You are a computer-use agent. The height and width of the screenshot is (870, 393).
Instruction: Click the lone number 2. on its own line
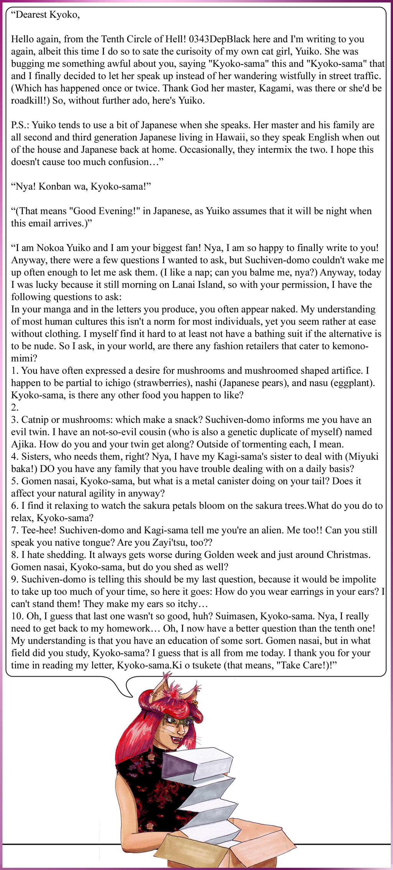[x=15, y=407]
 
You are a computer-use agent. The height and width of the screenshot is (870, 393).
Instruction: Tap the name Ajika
[x=23, y=444]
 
